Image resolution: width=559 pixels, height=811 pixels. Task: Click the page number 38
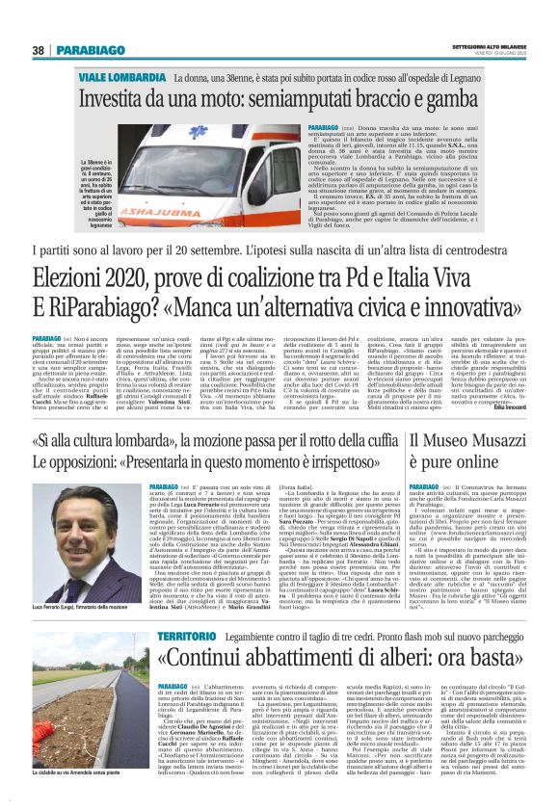pyautogui.click(x=39, y=49)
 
